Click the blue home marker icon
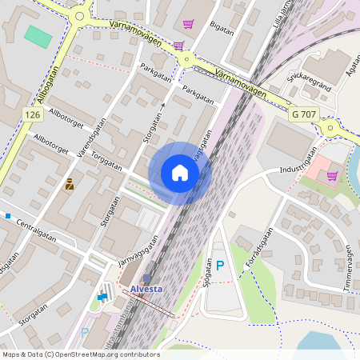[x=180, y=172]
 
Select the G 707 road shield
[x=305, y=115]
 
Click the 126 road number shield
[x=32, y=115]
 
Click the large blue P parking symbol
[x=220, y=265]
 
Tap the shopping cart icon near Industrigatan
[x=332, y=175]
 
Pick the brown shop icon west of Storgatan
[x=70, y=184]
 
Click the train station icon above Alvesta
[x=146, y=278]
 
